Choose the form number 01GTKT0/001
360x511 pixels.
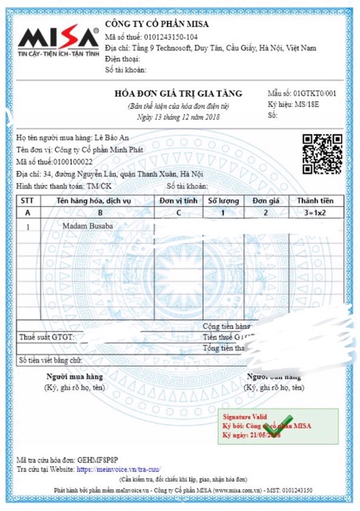pyautogui.click(x=312, y=94)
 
